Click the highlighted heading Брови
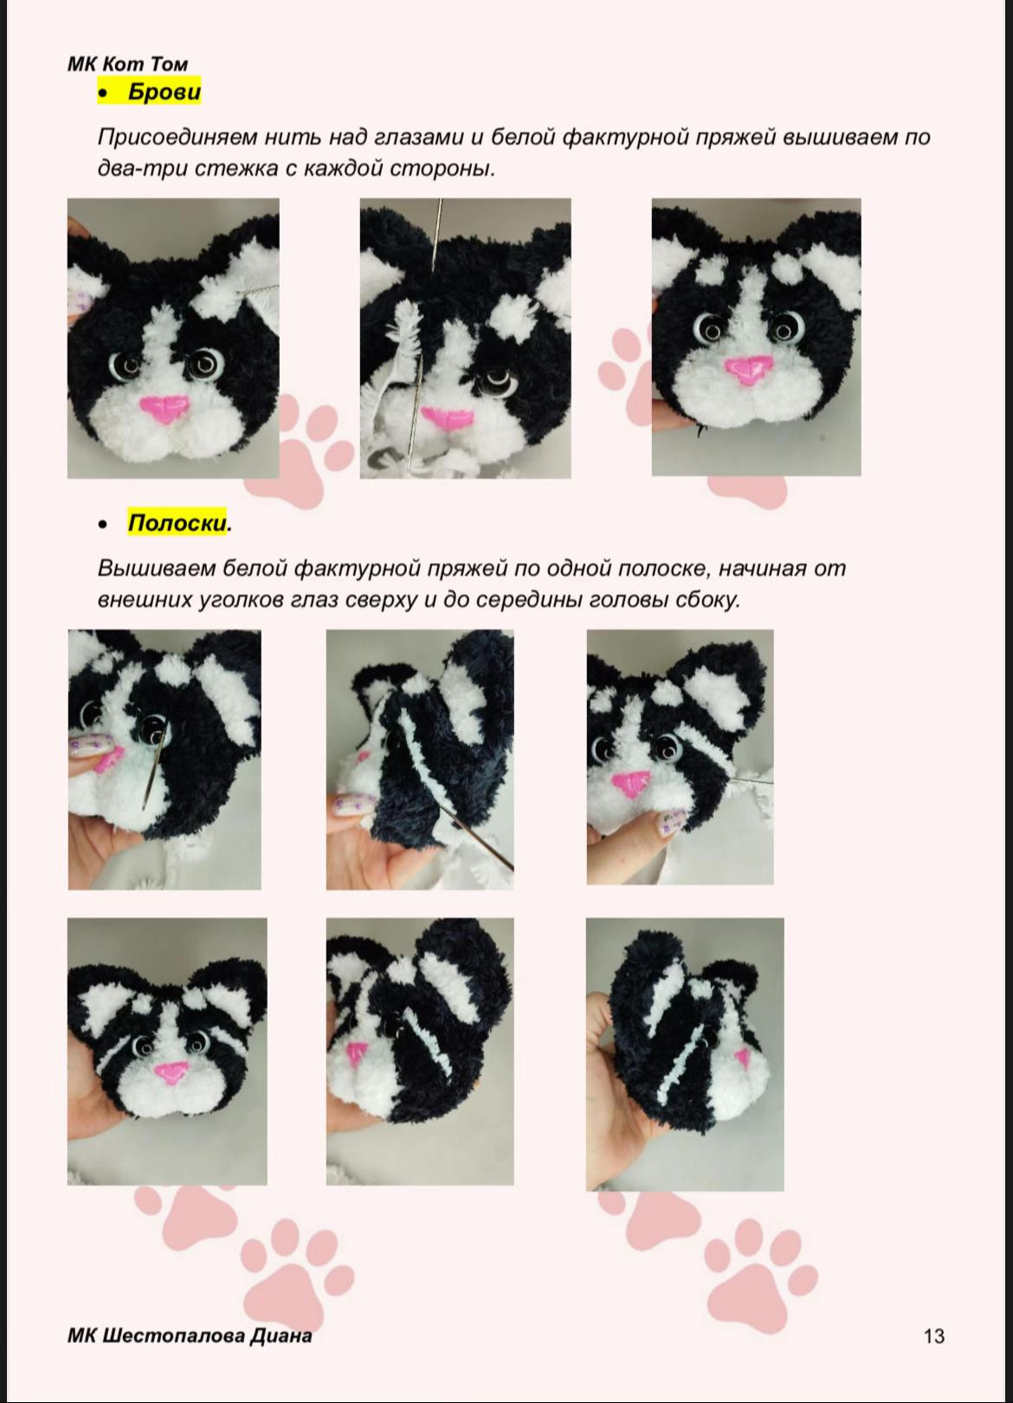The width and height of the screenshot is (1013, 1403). pyautogui.click(x=164, y=92)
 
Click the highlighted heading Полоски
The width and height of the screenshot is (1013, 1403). pyautogui.click(x=177, y=523)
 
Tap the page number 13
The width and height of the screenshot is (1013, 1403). pyautogui.click(x=933, y=1335)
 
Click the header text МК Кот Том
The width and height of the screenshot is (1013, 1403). pyautogui.click(x=127, y=64)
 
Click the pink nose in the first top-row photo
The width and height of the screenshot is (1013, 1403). pyautogui.click(x=165, y=408)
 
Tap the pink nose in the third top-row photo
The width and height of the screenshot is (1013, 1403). pyautogui.click(x=748, y=372)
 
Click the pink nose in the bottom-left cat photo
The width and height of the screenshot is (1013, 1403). pyautogui.click(x=170, y=1074)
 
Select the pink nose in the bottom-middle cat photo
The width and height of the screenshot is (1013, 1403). pyautogui.click(x=355, y=1056)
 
